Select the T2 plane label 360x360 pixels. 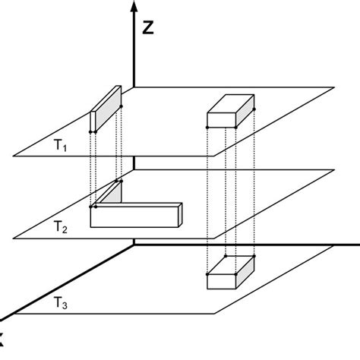coord(60,226)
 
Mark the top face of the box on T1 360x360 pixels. coord(232,103)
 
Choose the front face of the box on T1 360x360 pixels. coord(222,120)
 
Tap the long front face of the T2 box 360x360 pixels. coord(134,217)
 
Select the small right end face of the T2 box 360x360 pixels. coord(180,214)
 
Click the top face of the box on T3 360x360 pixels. coord(232,265)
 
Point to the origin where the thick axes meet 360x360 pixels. coord(134,244)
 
